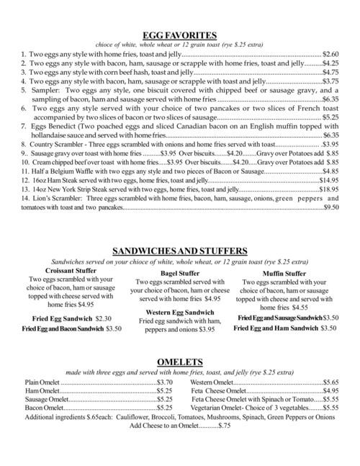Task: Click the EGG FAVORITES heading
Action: [x=180, y=34]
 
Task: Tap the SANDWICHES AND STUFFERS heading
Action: [x=180, y=251]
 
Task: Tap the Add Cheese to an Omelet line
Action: [x=179, y=426]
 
